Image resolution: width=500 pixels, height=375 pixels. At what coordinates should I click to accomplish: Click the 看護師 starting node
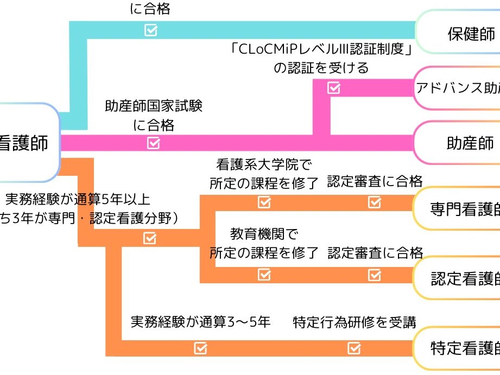(27, 143)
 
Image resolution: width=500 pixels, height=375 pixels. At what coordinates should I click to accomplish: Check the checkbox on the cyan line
(151, 30)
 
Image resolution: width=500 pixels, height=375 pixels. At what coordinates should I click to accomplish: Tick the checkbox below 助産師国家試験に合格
(154, 143)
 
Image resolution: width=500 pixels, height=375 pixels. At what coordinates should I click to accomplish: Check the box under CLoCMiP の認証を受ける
(333, 88)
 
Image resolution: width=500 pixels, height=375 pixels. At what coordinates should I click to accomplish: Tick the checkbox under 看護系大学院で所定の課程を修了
(264, 202)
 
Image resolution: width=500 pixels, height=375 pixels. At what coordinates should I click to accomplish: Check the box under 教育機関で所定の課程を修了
(264, 275)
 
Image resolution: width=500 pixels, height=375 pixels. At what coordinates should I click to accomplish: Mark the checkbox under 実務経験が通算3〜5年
(200, 348)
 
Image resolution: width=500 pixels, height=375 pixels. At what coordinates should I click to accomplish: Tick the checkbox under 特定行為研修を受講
(353, 348)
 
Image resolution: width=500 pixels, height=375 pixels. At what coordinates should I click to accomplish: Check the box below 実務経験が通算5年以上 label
(150, 238)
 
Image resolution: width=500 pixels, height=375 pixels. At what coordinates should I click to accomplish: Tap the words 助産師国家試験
(154, 106)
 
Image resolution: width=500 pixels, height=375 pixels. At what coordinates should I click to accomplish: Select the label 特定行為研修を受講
(355, 322)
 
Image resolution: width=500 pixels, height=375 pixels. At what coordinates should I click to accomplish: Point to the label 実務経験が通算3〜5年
(200, 322)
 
